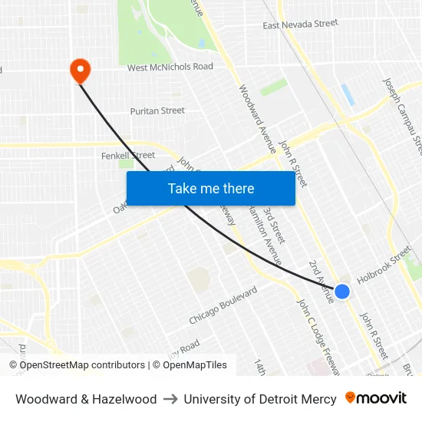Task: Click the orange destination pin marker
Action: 80,71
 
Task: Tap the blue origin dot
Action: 342,292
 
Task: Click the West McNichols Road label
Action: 170,68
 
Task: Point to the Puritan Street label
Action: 157,110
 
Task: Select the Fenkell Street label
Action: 128,155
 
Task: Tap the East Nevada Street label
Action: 300,25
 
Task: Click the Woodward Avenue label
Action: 256,118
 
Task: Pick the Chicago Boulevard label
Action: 223,305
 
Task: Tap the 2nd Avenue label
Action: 321,281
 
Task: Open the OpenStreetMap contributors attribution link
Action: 82,365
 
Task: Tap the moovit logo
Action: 376,398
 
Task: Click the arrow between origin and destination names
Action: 170,399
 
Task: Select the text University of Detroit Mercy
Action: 260,399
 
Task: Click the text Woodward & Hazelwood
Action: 86,399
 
